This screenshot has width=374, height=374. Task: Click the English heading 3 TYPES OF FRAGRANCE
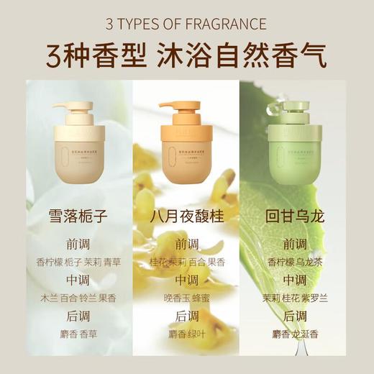(186, 24)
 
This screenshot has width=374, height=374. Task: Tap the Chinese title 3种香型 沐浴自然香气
(186, 55)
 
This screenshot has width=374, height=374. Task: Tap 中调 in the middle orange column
(187, 280)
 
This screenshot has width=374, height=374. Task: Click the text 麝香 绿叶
(187, 334)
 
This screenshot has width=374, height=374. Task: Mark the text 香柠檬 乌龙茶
(300, 263)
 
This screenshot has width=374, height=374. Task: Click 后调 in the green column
(300, 316)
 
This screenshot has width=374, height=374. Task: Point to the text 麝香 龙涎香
(300, 334)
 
